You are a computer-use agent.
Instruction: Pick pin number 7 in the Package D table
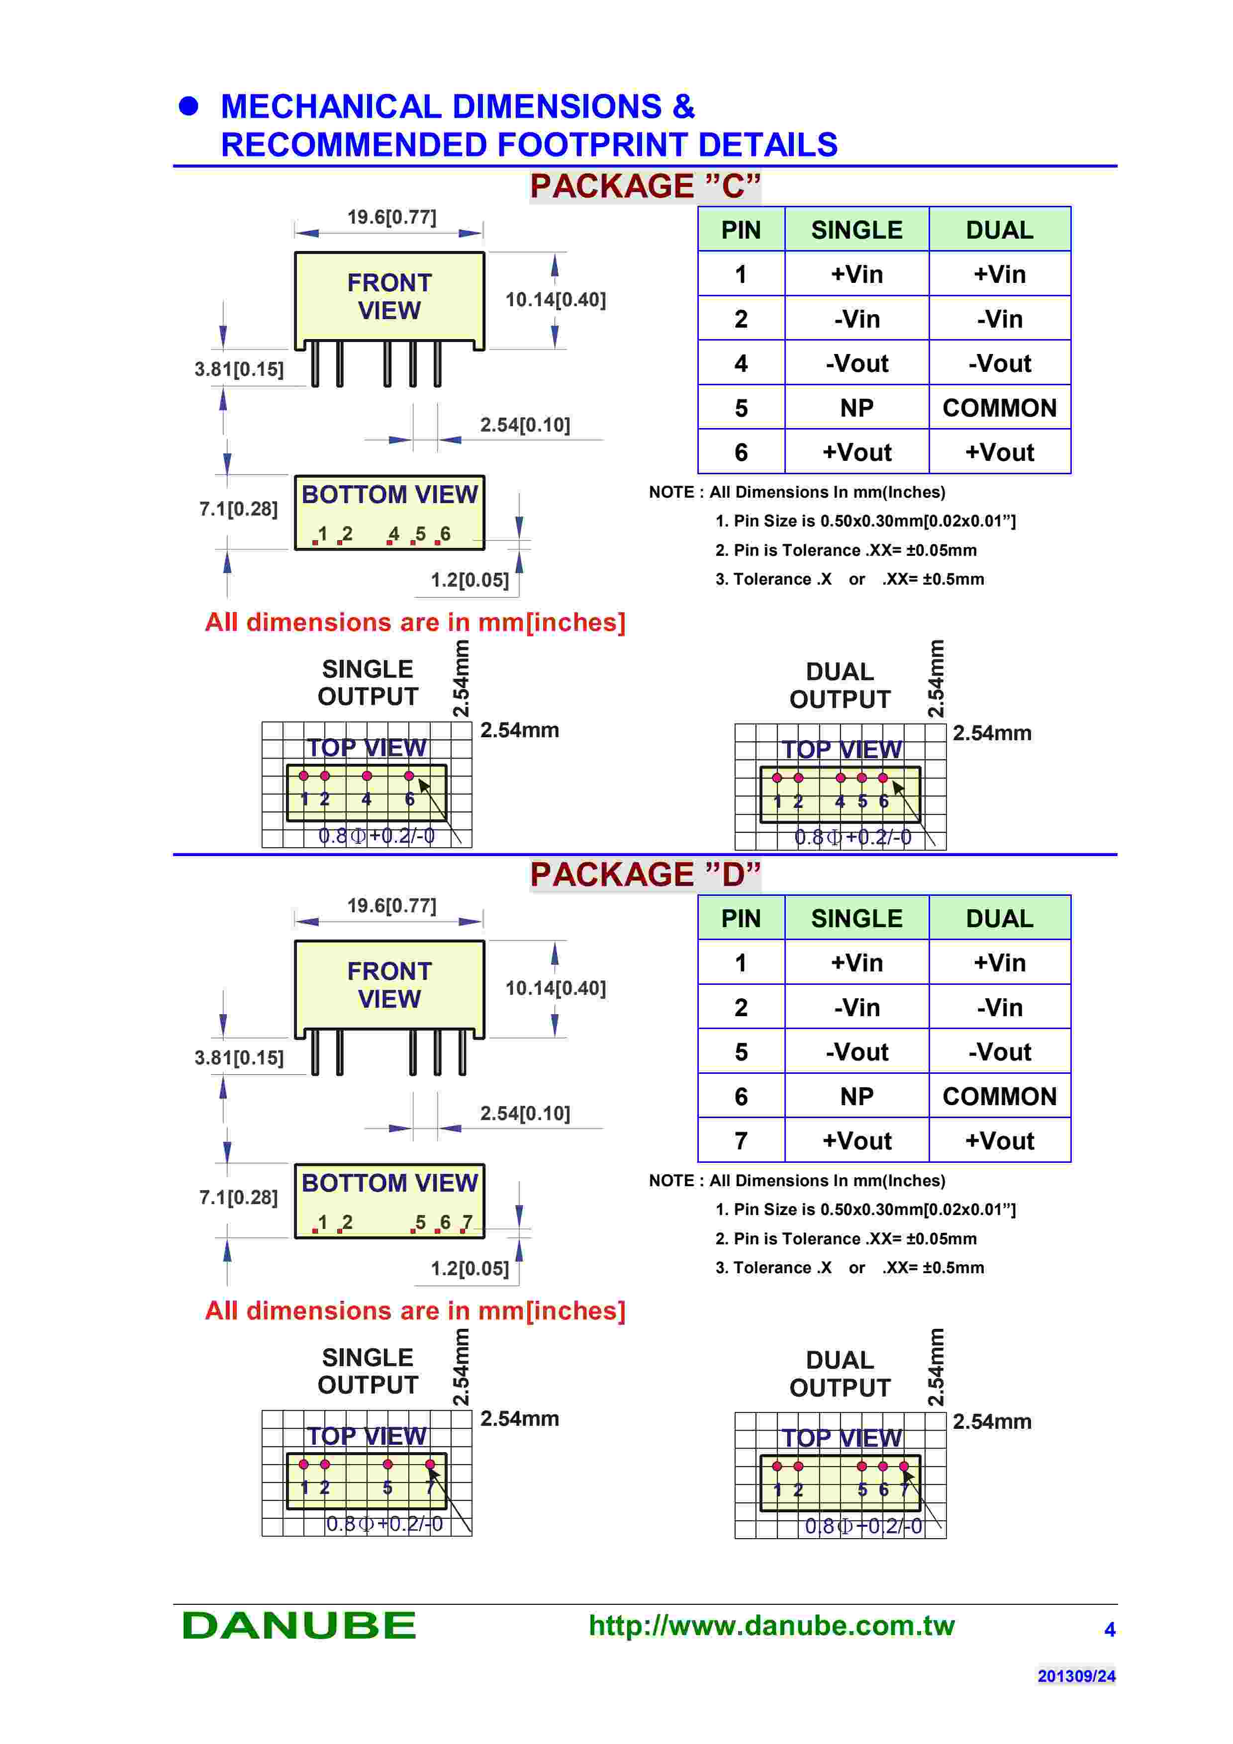[x=741, y=1141]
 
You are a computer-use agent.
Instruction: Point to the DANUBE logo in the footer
[x=299, y=1626]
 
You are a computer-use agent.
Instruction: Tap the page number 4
[x=1109, y=1629]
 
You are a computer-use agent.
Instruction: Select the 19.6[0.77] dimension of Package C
[x=391, y=217]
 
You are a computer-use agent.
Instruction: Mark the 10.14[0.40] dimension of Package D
[x=556, y=988]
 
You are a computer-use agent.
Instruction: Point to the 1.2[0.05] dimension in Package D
[x=470, y=1269]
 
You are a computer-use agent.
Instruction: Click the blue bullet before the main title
[x=189, y=106]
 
